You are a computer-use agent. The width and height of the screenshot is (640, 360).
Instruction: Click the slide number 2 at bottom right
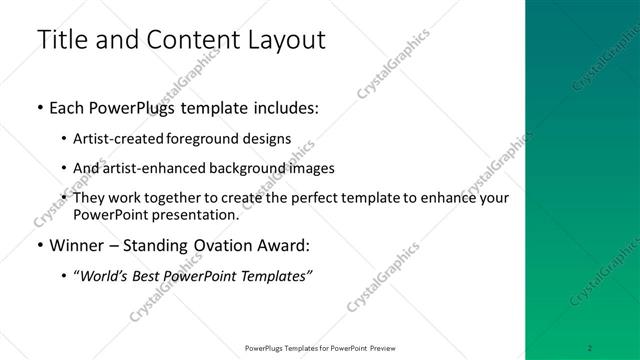[x=590, y=348]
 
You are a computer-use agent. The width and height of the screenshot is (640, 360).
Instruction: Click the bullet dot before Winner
[x=39, y=246]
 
